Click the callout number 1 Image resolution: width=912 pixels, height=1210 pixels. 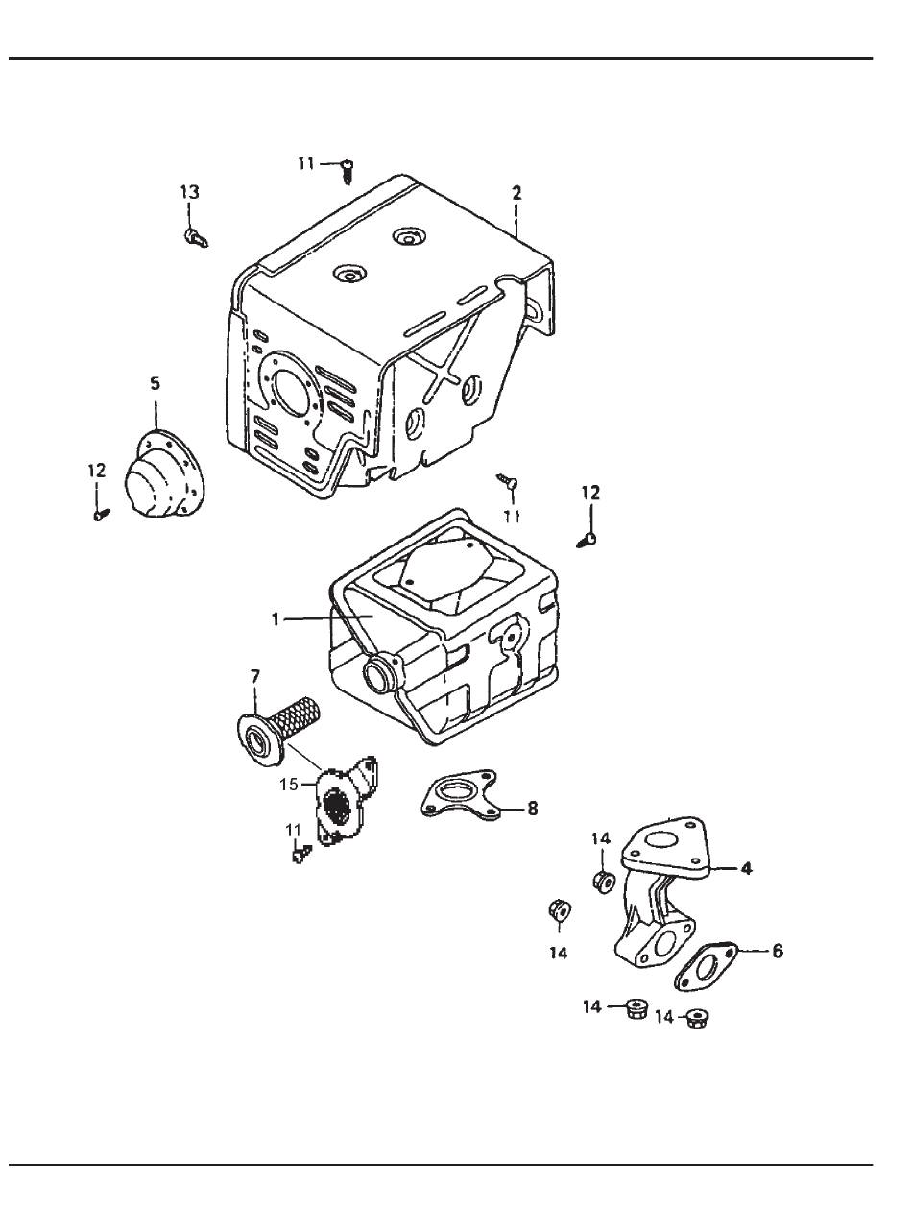click(275, 620)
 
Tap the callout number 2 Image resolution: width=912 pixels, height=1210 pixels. click(516, 193)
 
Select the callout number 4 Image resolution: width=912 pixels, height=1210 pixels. click(745, 869)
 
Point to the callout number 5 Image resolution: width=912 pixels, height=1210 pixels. click(155, 383)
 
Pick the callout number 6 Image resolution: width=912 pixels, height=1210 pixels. click(778, 951)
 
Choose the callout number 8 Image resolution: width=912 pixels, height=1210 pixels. click(530, 809)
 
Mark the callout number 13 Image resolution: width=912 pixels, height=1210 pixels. click(190, 193)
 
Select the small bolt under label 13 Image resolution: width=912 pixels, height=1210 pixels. click(196, 236)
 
